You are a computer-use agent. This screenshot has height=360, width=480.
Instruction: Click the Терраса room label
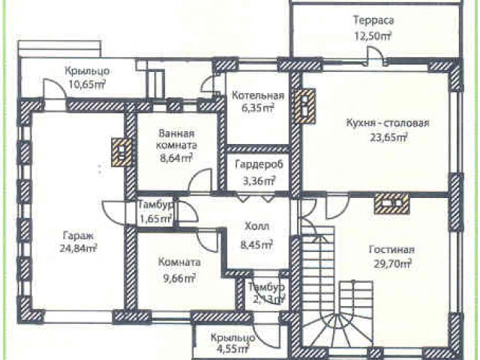coord(373,20)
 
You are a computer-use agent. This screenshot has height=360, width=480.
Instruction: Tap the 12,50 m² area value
coord(373,36)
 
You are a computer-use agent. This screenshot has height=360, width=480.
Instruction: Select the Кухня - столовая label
coord(388,123)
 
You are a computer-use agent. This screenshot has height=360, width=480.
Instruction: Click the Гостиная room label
coord(391,250)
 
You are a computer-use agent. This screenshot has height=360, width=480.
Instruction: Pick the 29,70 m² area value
coord(392,263)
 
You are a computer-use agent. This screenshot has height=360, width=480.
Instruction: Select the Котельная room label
coord(258,95)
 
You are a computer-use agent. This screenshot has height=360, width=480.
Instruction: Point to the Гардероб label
coord(259,165)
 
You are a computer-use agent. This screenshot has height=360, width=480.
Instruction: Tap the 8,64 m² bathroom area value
coord(176,157)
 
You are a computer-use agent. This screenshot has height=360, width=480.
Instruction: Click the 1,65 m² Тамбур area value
coord(155,218)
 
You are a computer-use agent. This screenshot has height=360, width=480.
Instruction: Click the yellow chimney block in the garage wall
coord(121,152)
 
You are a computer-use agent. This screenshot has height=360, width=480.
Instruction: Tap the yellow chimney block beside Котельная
coord(305,105)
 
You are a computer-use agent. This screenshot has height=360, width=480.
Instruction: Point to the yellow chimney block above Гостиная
coord(391,202)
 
